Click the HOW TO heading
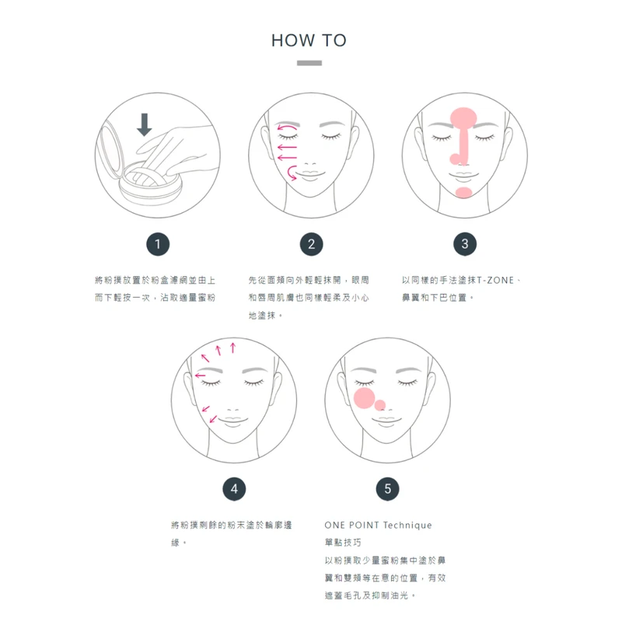coord(309,40)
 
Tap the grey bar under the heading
coord(309,63)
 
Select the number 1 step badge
coord(158,244)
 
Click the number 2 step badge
coord(312,244)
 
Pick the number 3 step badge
coord(465,244)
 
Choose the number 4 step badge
coord(234,489)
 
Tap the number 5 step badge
coord(387,489)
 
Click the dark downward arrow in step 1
coord(145,124)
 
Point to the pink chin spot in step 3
coord(463,192)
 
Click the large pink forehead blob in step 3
coord(463,117)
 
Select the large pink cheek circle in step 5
coord(364,398)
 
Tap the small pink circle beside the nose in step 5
coord(380,405)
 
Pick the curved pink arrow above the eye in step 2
coord(286,127)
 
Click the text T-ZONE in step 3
coord(495,281)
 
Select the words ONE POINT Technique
coord(378,526)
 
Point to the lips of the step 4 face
coord(233,420)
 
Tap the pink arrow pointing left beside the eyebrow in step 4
coord(201,376)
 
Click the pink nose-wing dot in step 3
coord(455,159)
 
